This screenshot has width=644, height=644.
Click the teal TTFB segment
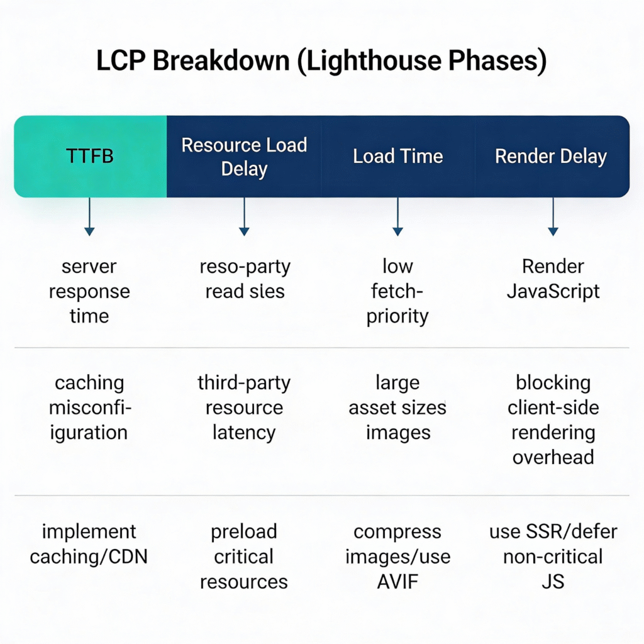click(x=90, y=156)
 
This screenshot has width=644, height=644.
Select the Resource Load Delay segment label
click(x=244, y=157)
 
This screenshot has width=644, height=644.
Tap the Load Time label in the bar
click(x=397, y=156)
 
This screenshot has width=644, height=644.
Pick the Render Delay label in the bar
click(x=551, y=156)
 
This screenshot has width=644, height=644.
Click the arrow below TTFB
click(x=90, y=217)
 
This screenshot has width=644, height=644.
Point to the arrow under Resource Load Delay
click(x=244, y=217)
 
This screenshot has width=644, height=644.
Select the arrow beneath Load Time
click(x=397, y=217)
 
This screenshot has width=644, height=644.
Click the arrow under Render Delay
click(x=553, y=217)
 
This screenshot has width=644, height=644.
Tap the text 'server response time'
click(x=89, y=291)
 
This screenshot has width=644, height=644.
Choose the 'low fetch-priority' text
click(x=397, y=291)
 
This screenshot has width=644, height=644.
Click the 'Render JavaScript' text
click(x=553, y=279)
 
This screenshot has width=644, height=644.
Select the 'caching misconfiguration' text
click(x=89, y=408)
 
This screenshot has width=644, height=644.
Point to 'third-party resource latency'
click(x=244, y=408)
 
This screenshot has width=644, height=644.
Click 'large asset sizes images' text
click(x=397, y=408)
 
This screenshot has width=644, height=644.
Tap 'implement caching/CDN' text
click(x=89, y=544)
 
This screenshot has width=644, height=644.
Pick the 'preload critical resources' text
click(x=244, y=557)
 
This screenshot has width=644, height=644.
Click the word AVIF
click(x=397, y=582)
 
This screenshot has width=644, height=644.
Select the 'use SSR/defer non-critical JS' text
click(x=553, y=557)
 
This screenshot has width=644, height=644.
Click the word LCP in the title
click(x=121, y=62)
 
